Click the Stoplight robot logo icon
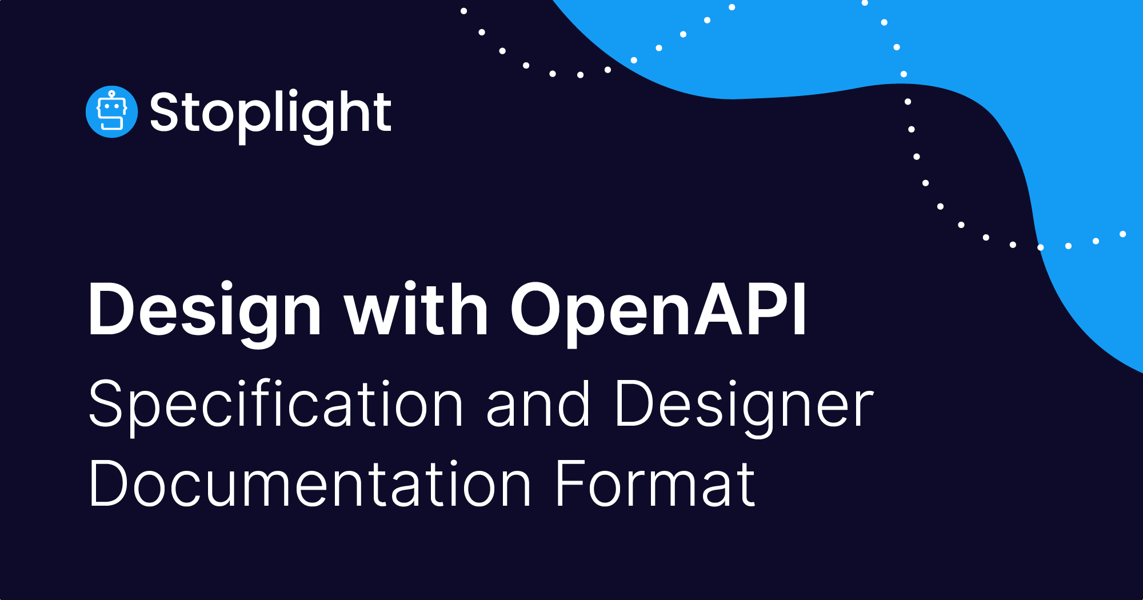click(x=111, y=112)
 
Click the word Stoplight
click(x=270, y=113)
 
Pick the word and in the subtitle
click(x=537, y=404)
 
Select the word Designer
click(x=744, y=405)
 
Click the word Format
click(x=655, y=484)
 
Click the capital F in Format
click(x=572, y=484)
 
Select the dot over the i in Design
click(x=226, y=286)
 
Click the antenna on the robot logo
click(x=112, y=94)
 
